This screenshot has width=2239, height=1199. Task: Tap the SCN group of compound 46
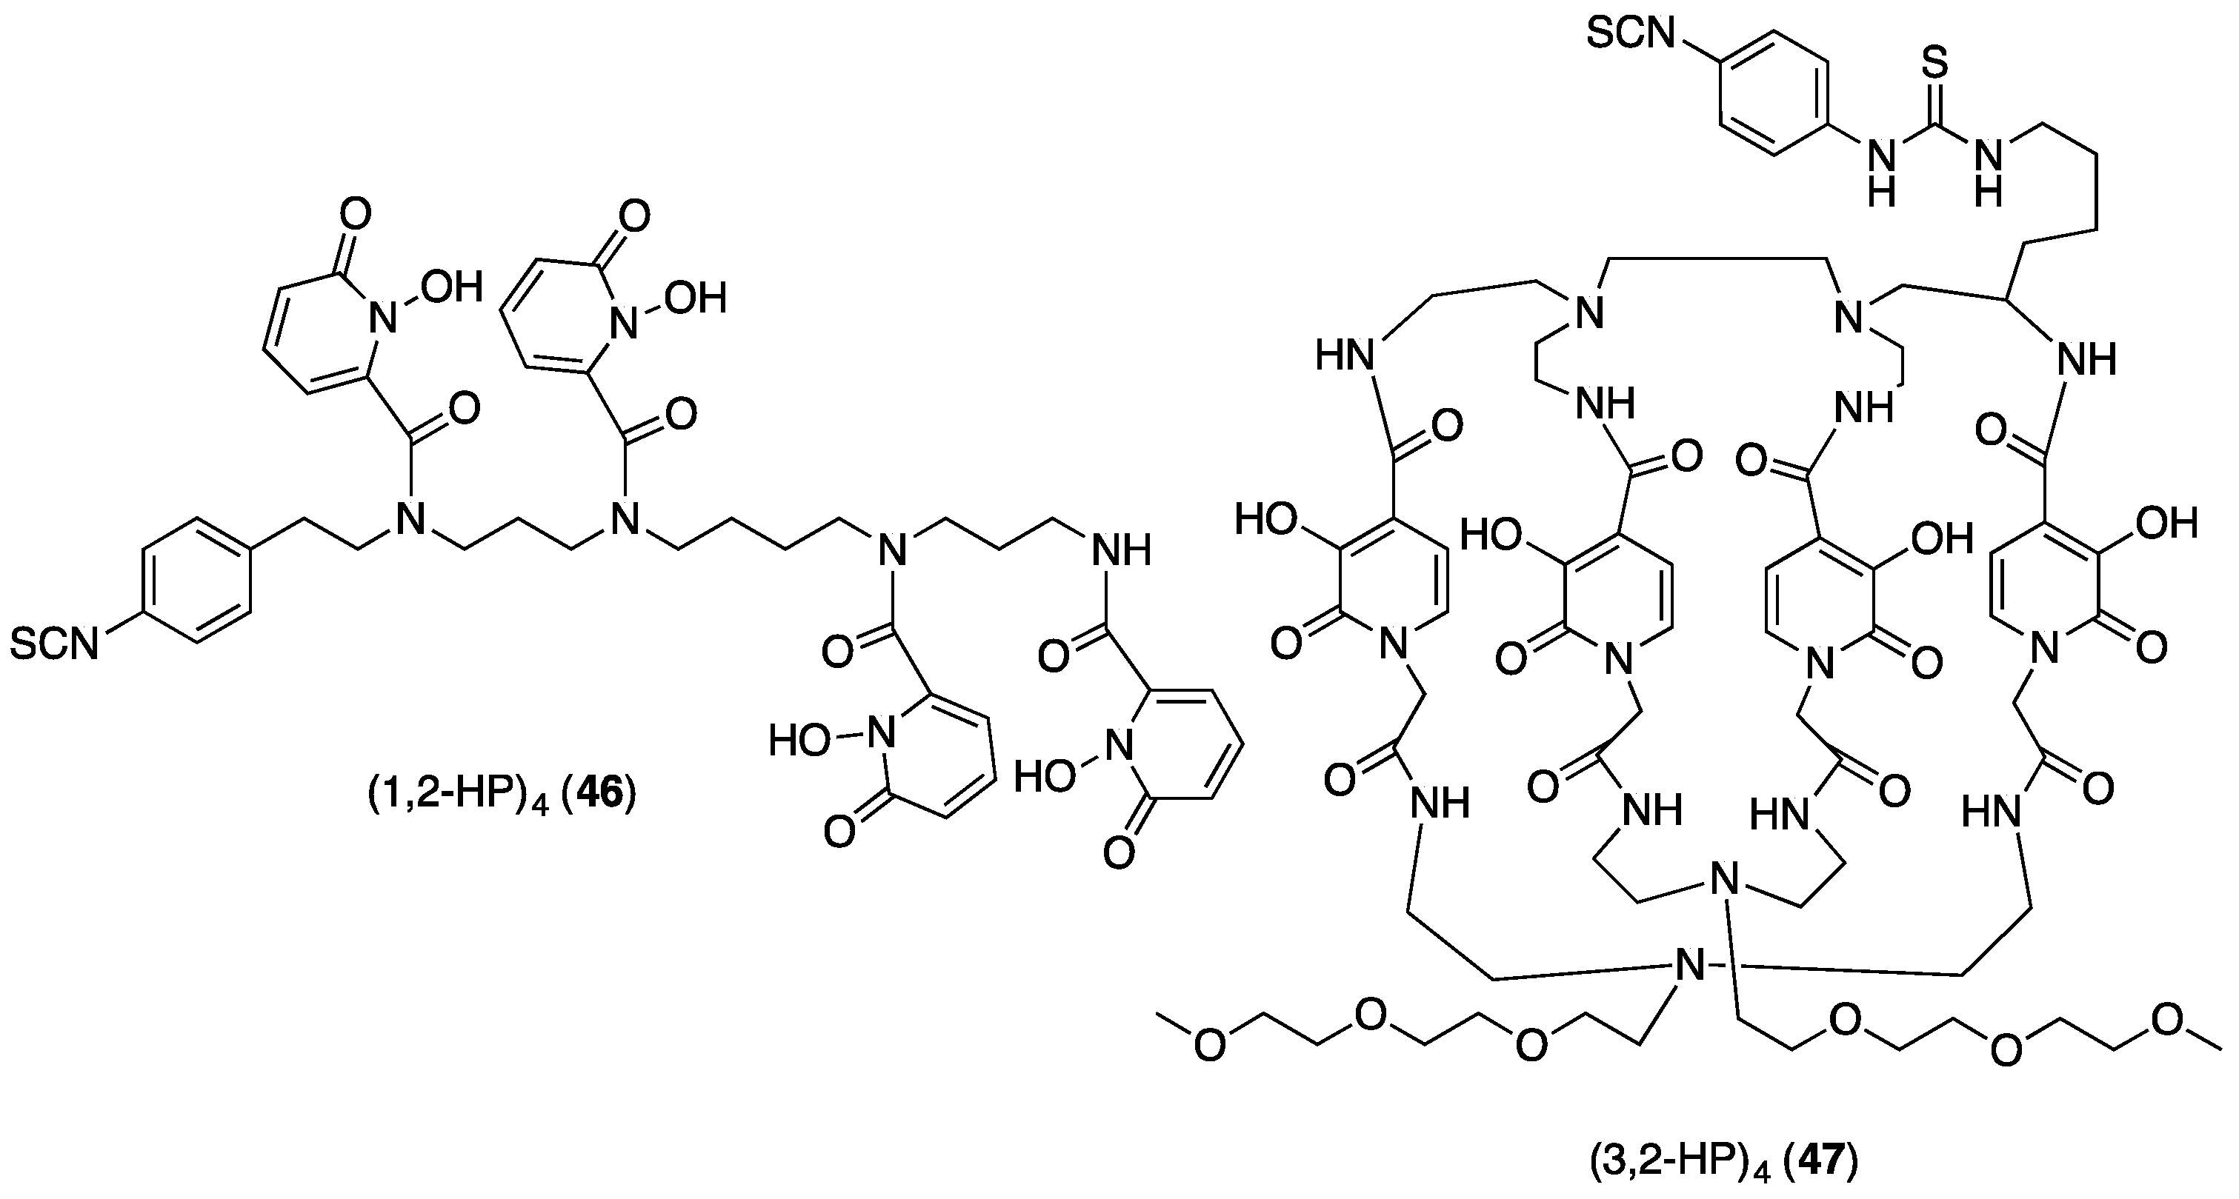pos(54,644)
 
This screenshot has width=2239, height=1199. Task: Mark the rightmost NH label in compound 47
pos(2088,359)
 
